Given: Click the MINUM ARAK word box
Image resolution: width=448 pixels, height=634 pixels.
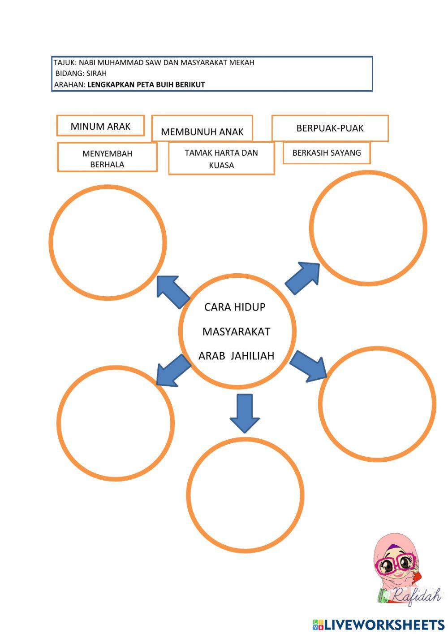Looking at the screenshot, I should click(100, 126).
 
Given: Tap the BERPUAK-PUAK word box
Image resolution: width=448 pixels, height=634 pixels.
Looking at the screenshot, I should click(330, 128).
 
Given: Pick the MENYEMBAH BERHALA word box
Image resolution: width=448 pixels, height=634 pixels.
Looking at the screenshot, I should click(107, 158).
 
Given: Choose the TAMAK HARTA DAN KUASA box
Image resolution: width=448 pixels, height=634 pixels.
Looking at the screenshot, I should click(221, 158).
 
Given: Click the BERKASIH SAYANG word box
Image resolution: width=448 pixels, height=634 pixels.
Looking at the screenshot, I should click(327, 153).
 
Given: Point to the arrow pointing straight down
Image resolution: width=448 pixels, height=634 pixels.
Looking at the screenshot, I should click(245, 412).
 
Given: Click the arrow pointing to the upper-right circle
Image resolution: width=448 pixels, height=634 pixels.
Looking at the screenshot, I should click(303, 278).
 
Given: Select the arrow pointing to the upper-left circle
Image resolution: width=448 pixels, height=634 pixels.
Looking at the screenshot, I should click(172, 292).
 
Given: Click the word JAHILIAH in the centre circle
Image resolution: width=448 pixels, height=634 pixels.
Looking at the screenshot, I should click(253, 356).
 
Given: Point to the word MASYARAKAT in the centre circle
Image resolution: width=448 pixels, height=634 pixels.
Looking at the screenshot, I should click(236, 332).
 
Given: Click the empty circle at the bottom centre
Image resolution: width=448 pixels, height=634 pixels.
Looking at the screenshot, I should click(245, 494).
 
